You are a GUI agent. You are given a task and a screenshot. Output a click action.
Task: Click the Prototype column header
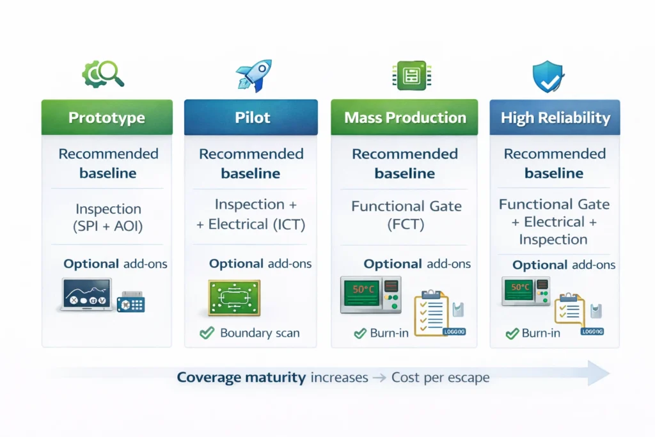pos(107,118)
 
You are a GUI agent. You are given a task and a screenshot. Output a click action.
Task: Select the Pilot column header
pos(251,118)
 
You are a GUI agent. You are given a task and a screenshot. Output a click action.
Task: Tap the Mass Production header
pos(404,118)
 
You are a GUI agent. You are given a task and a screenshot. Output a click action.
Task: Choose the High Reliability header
pos(555,118)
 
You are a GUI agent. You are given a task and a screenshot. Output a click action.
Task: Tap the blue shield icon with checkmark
pos(549,77)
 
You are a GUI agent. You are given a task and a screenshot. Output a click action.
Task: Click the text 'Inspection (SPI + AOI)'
pos(107,218)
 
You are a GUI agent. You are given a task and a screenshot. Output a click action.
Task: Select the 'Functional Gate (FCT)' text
pos(406,215)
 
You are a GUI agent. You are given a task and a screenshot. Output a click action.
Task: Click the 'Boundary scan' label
pos(259,333)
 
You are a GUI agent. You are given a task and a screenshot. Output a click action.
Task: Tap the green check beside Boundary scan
pos(207,333)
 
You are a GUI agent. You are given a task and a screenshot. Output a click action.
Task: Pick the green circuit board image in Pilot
pos(234,298)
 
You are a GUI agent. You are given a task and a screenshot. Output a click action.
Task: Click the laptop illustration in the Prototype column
pos(86,295)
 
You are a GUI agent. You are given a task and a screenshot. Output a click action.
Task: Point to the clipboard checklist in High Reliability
pos(569,310)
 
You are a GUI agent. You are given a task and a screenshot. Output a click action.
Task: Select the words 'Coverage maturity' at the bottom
pos(241,377)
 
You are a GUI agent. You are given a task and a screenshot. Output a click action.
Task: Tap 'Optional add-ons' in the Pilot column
pos(260,264)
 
